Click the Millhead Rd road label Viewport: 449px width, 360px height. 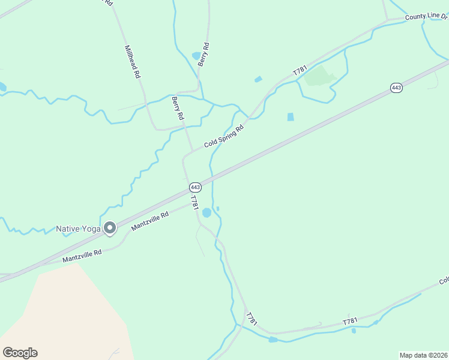(132, 62)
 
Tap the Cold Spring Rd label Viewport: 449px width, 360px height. (224, 137)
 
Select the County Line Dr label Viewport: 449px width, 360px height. (426, 16)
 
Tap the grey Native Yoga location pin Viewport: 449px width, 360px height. (110, 228)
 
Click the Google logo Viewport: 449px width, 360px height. (20, 352)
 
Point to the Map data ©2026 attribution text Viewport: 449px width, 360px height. (423, 355)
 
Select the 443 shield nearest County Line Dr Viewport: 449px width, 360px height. (396, 88)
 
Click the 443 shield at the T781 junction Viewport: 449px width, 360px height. (196, 187)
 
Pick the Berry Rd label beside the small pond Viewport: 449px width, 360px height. (205, 54)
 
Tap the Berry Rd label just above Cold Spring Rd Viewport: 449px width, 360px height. (177, 108)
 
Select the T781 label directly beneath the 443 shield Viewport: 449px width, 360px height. (194, 202)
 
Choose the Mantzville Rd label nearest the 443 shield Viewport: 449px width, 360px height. (150, 221)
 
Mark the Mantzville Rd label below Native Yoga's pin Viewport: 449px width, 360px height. (82, 256)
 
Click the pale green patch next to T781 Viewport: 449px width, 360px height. (318, 77)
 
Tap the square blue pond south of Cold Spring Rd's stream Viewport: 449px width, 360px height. (291, 117)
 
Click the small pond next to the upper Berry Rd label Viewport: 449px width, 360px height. (196, 56)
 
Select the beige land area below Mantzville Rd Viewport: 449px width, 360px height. (66, 312)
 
